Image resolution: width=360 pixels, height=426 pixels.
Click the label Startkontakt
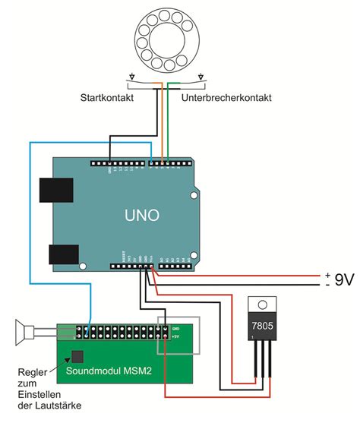point(110,99)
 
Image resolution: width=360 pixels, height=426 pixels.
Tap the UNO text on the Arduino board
point(142,216)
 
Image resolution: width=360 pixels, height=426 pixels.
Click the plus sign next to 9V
point(327,274)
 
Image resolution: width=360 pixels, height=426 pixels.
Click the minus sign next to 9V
point(327,285)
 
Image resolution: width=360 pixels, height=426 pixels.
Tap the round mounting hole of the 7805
point(263,305)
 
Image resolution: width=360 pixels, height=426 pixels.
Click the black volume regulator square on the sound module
point(76,355)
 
